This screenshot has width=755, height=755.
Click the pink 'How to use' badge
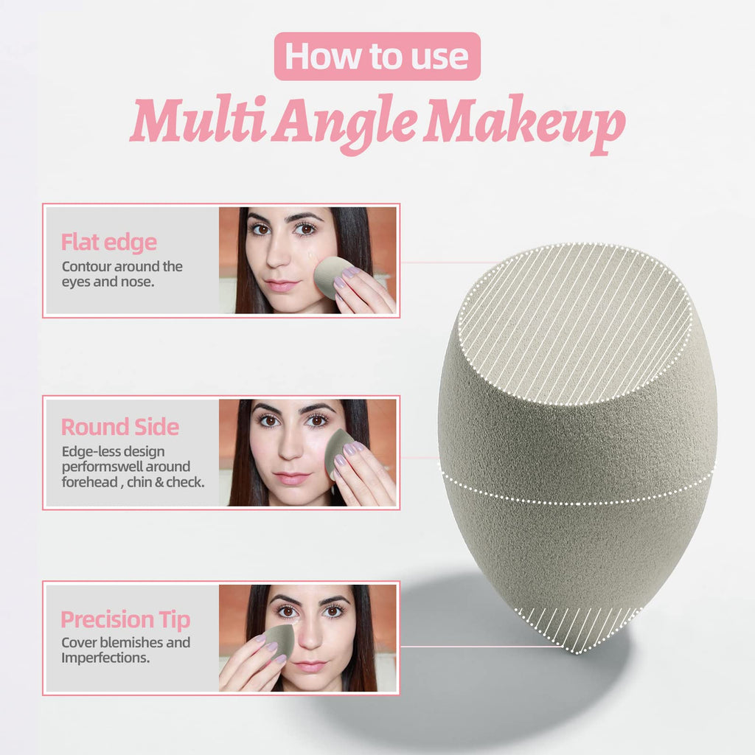coord(377,56)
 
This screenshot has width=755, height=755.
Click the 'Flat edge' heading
coord(108,242)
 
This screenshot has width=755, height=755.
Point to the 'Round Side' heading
coord(119,427)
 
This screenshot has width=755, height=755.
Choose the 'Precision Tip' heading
coord(125,619)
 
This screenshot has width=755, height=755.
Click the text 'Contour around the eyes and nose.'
coord(122,274)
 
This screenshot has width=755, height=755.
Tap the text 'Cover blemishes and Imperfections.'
coord(125,650)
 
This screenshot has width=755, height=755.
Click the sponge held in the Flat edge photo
coord(332,276)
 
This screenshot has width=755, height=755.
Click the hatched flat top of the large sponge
coord(574,324)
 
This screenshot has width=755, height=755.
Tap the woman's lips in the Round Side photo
coord(293,478)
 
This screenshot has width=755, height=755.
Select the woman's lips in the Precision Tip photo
coord(310,666)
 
